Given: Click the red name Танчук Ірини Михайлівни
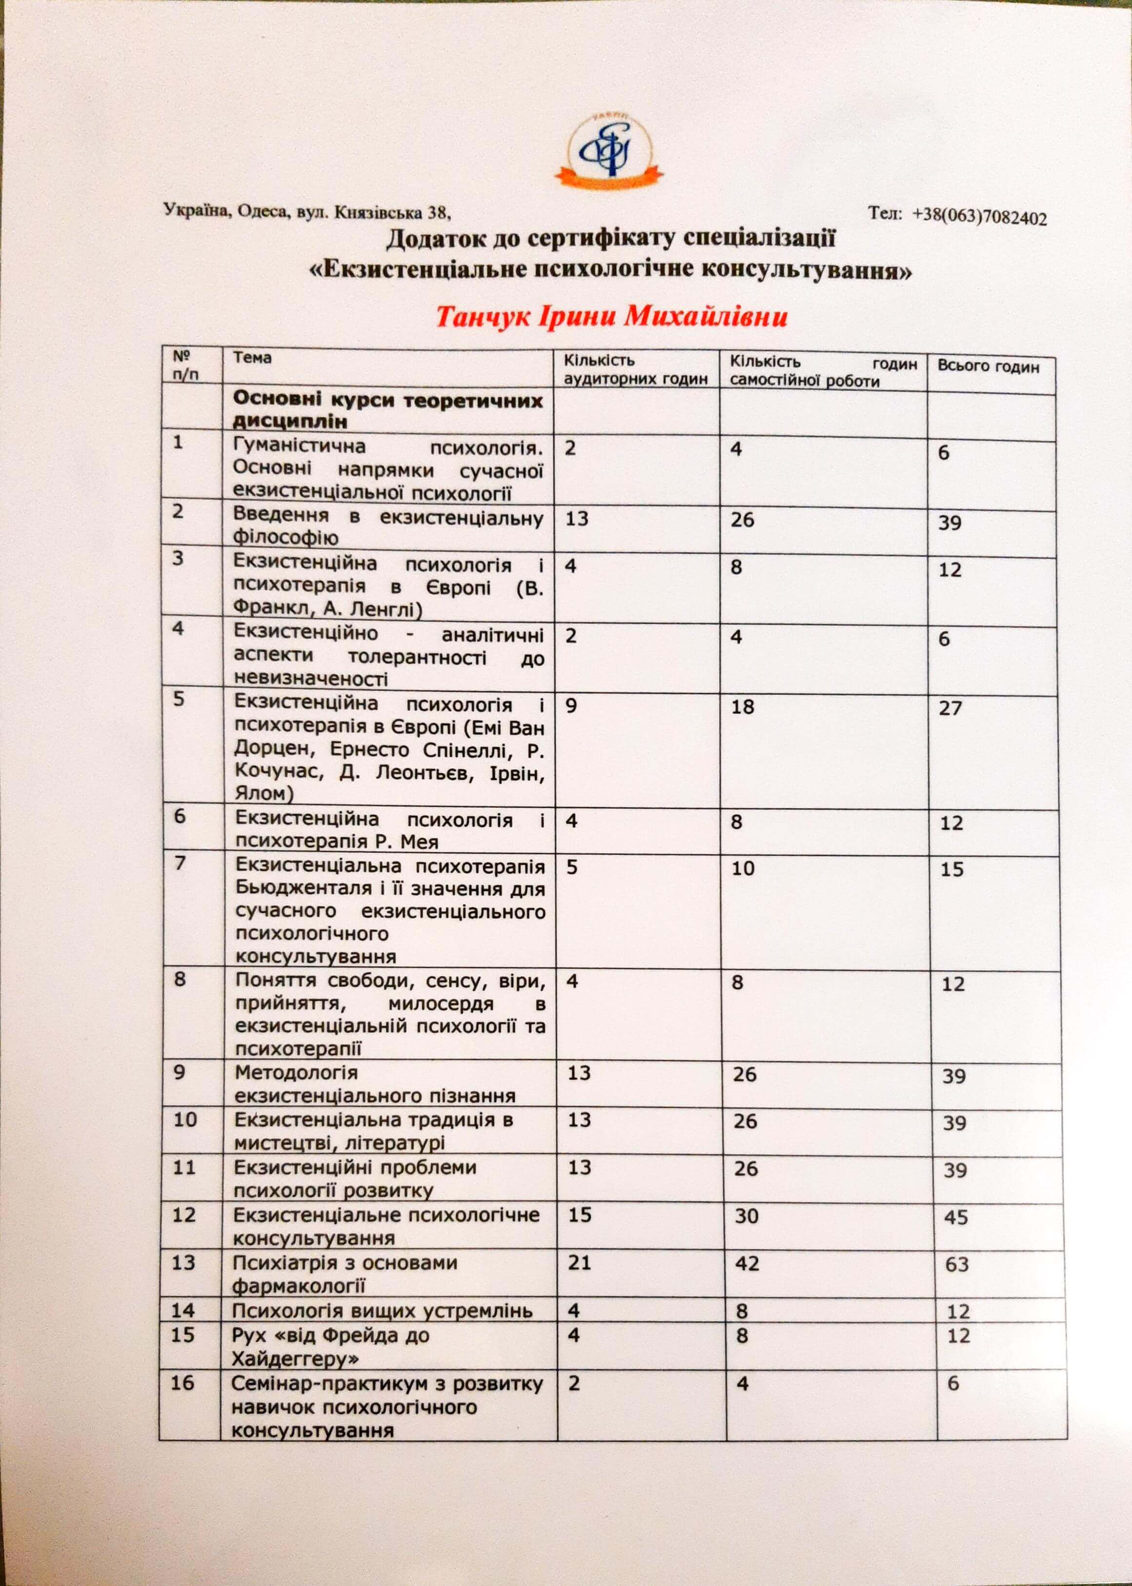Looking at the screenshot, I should click(611, 317).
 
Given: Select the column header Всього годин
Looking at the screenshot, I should click(987, 368).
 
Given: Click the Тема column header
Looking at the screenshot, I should click(253, 358).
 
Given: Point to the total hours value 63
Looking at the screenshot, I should click(956, 1264).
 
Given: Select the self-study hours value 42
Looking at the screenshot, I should click(746, 1263).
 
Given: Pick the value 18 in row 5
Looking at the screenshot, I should click(743, 707).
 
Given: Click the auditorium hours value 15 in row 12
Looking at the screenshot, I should click(579, 1215).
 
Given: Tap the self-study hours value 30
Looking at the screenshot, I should click(746, 1216).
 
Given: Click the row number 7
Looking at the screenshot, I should click(180, 863).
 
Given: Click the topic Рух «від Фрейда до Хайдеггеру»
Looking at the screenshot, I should click(331, 1347).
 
